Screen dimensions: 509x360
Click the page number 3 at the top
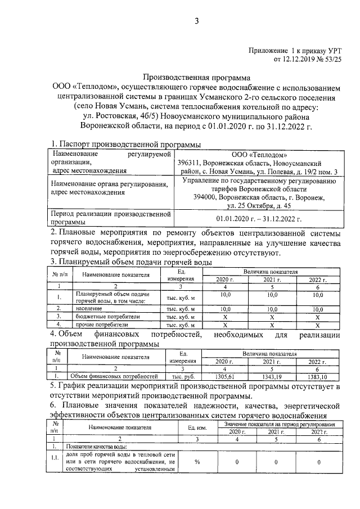click(x=196, y=21)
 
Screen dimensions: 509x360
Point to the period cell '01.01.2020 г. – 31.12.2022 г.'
click(x=259, y=218)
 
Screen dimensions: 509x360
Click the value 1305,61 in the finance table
click(x=224, y=376)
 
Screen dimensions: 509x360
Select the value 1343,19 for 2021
click(x=271, y=376)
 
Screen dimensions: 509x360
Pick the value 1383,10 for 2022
click(x=317, y=376)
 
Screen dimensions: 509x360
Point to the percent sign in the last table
click(x=197, y=462)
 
